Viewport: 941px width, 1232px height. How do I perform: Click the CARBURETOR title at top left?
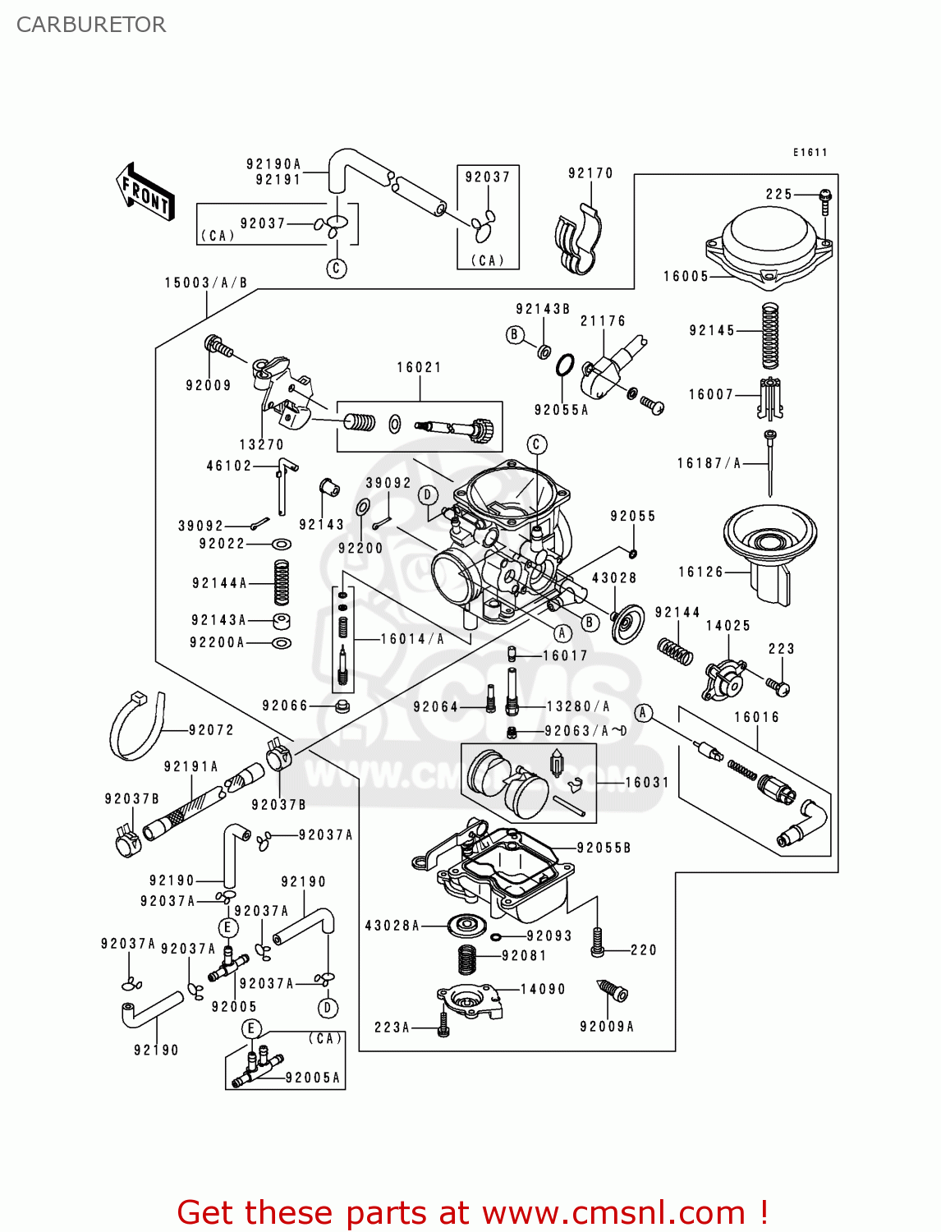(91, 25)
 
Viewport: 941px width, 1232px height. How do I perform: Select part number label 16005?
(686, 277)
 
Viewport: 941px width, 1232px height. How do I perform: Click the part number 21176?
(603, 321)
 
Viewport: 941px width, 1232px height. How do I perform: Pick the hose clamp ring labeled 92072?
(135, 727)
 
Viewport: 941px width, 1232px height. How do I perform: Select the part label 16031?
(647, 783)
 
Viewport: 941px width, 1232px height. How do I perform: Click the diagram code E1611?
(810, 153)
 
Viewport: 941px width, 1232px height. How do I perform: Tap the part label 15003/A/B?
(206, 283)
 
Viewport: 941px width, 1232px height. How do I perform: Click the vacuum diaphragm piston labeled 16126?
(769, 550)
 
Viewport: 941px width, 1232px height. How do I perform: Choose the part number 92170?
(590, 173)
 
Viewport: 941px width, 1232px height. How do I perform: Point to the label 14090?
(543, 990)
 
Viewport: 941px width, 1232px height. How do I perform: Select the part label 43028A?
(392, 926)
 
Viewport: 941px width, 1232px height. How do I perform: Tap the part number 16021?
(419, 368)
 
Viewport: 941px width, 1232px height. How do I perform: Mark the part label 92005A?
(313, 1078)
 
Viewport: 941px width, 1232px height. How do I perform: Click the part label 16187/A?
(709, 464)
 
